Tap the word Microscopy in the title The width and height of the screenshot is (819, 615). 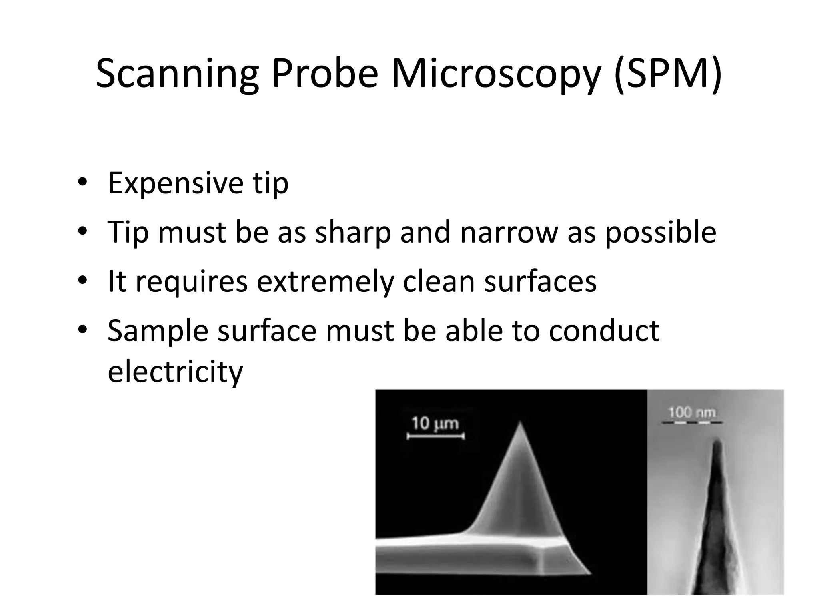(496, 74)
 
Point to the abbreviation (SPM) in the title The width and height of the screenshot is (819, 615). (668, 74)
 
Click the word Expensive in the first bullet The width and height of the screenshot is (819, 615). (176, 183)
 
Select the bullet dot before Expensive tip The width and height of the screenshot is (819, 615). (82, 182)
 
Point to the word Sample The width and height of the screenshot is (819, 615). (158, 331)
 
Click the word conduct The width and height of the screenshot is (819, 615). (604, 331)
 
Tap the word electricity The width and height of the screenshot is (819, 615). (175, 372)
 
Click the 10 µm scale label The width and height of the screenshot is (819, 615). (435, 423)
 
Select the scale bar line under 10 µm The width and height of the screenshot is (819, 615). (435, 436)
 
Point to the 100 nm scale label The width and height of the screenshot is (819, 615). (692, 412)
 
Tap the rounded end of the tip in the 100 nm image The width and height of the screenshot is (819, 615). (717, 442)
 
